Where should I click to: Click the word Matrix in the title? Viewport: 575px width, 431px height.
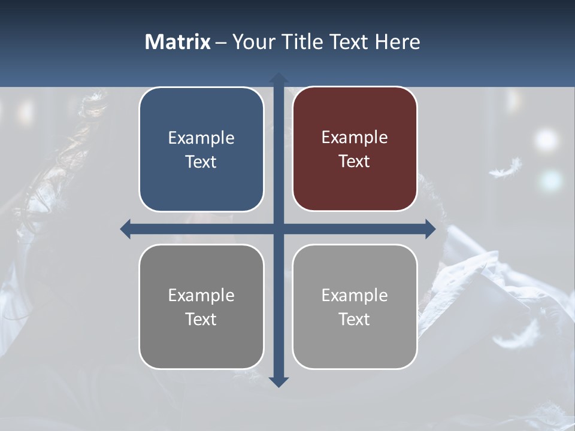point(178,42)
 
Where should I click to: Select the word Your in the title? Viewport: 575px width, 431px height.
point(252,42)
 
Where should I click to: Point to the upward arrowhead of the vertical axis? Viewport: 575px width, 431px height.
point(279,78)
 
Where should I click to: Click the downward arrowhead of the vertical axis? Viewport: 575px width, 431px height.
point(279,381)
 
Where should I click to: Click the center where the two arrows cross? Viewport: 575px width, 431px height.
point(279,229)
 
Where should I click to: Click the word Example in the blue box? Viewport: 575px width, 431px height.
point(201,138)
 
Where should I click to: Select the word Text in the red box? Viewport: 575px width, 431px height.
point(355,161)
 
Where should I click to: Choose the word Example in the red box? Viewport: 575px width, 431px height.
point(355,137)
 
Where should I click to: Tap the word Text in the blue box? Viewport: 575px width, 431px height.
point(201,162)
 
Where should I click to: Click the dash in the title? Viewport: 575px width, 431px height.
point(221,43)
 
